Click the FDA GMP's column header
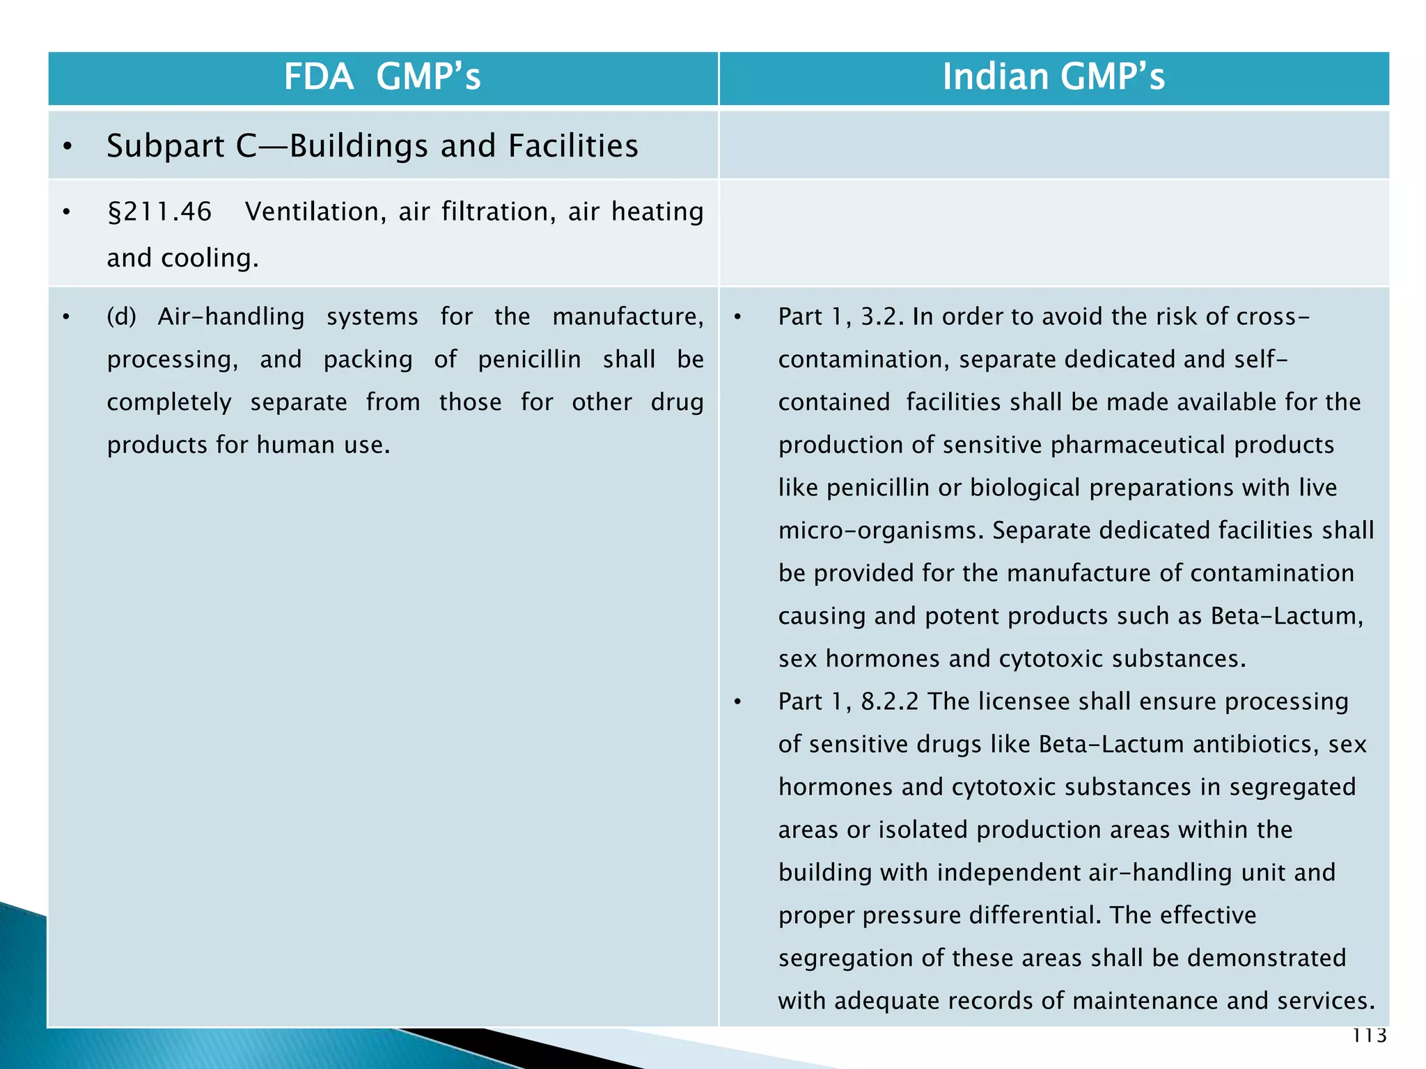click(382, 77)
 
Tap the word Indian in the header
click(995, 77)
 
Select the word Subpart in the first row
click(166, 146)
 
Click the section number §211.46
click(159, 212)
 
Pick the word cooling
click(210, 258)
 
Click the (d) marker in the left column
click(121, 317)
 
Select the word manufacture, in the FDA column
click(627, 317)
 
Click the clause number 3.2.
click(882, 317)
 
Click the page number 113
click(1370, 1036)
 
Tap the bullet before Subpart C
click(67, 147)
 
